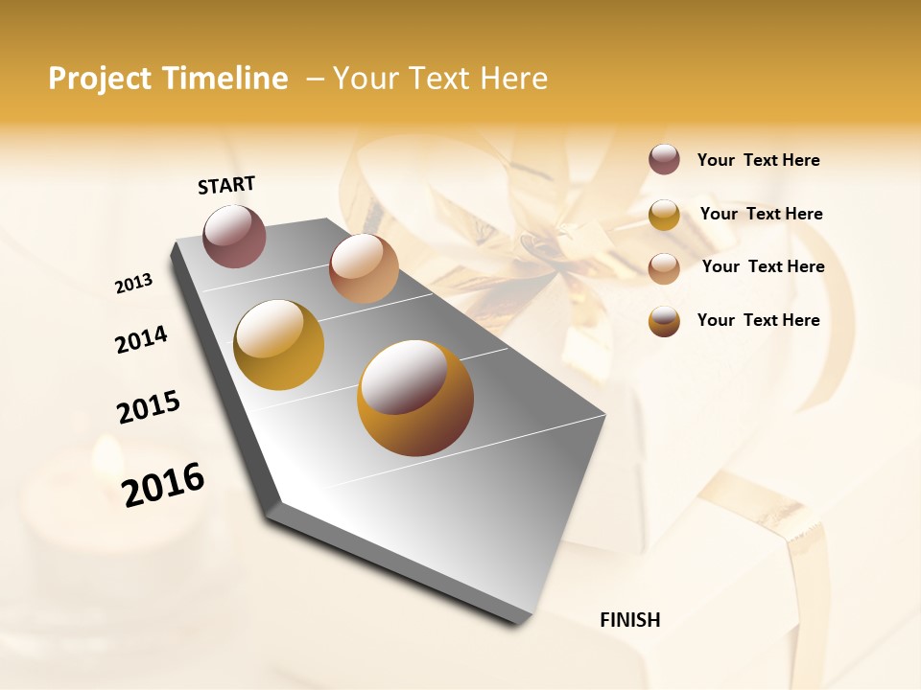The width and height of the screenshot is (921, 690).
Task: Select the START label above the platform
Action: tap(226, 185)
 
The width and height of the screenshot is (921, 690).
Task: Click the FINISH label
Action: tap(630, 620)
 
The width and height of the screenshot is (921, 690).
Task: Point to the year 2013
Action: tap(134, 284)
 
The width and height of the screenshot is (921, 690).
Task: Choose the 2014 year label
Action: tap(141, 340)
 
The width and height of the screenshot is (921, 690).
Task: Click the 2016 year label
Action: tap(163, 485)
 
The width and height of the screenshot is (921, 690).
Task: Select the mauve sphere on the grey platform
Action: tap(235, 236)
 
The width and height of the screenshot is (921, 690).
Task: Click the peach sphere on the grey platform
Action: tap(363, 267)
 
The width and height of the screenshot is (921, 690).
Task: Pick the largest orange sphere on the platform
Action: tap(414, 397)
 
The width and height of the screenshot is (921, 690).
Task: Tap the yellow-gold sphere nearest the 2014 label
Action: tap(278, 345)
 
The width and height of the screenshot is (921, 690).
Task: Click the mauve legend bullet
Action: tap(664, 160)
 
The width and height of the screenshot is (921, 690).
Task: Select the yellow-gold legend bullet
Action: tap(664, 215)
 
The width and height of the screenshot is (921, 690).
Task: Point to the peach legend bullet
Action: tap(664, 267)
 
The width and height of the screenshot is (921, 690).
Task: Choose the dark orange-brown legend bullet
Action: tap(664, 321)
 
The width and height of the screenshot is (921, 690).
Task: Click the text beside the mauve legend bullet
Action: tap(758, 161)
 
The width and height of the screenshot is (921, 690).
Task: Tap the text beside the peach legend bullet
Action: tap(763, 266)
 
